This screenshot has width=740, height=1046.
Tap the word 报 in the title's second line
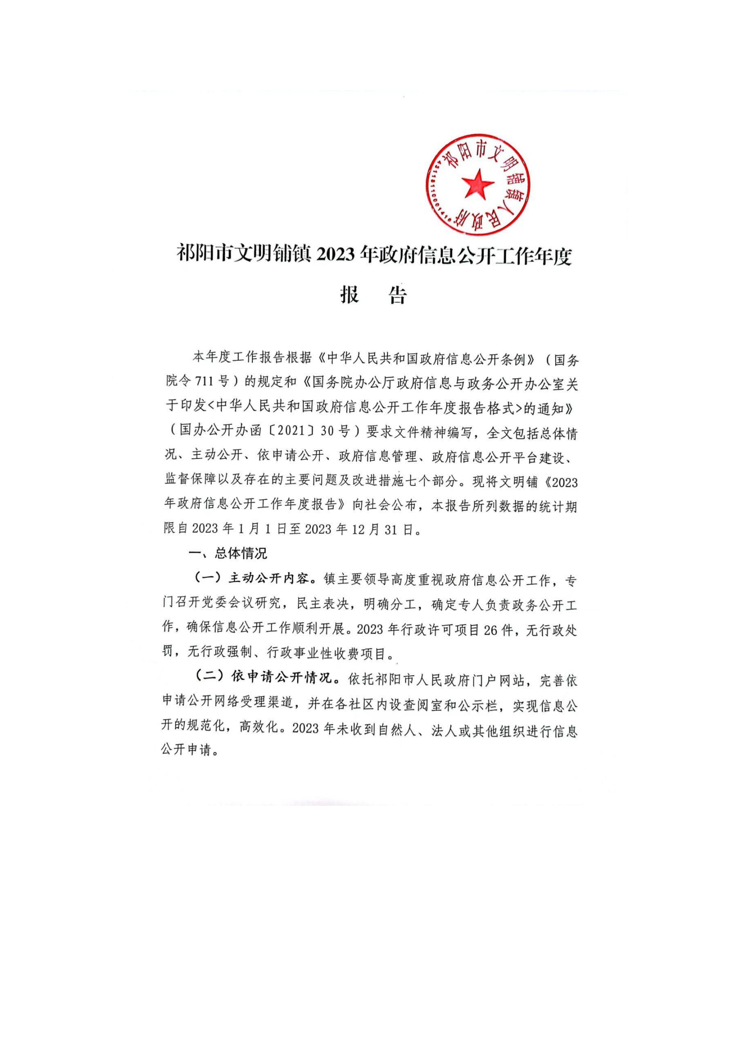[x=349, y=295]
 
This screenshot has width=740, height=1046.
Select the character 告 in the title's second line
[x=397, y=295]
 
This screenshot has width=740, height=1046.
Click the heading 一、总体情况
[x=228, y=554]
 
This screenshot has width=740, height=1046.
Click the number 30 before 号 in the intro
[x=327, y=431]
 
